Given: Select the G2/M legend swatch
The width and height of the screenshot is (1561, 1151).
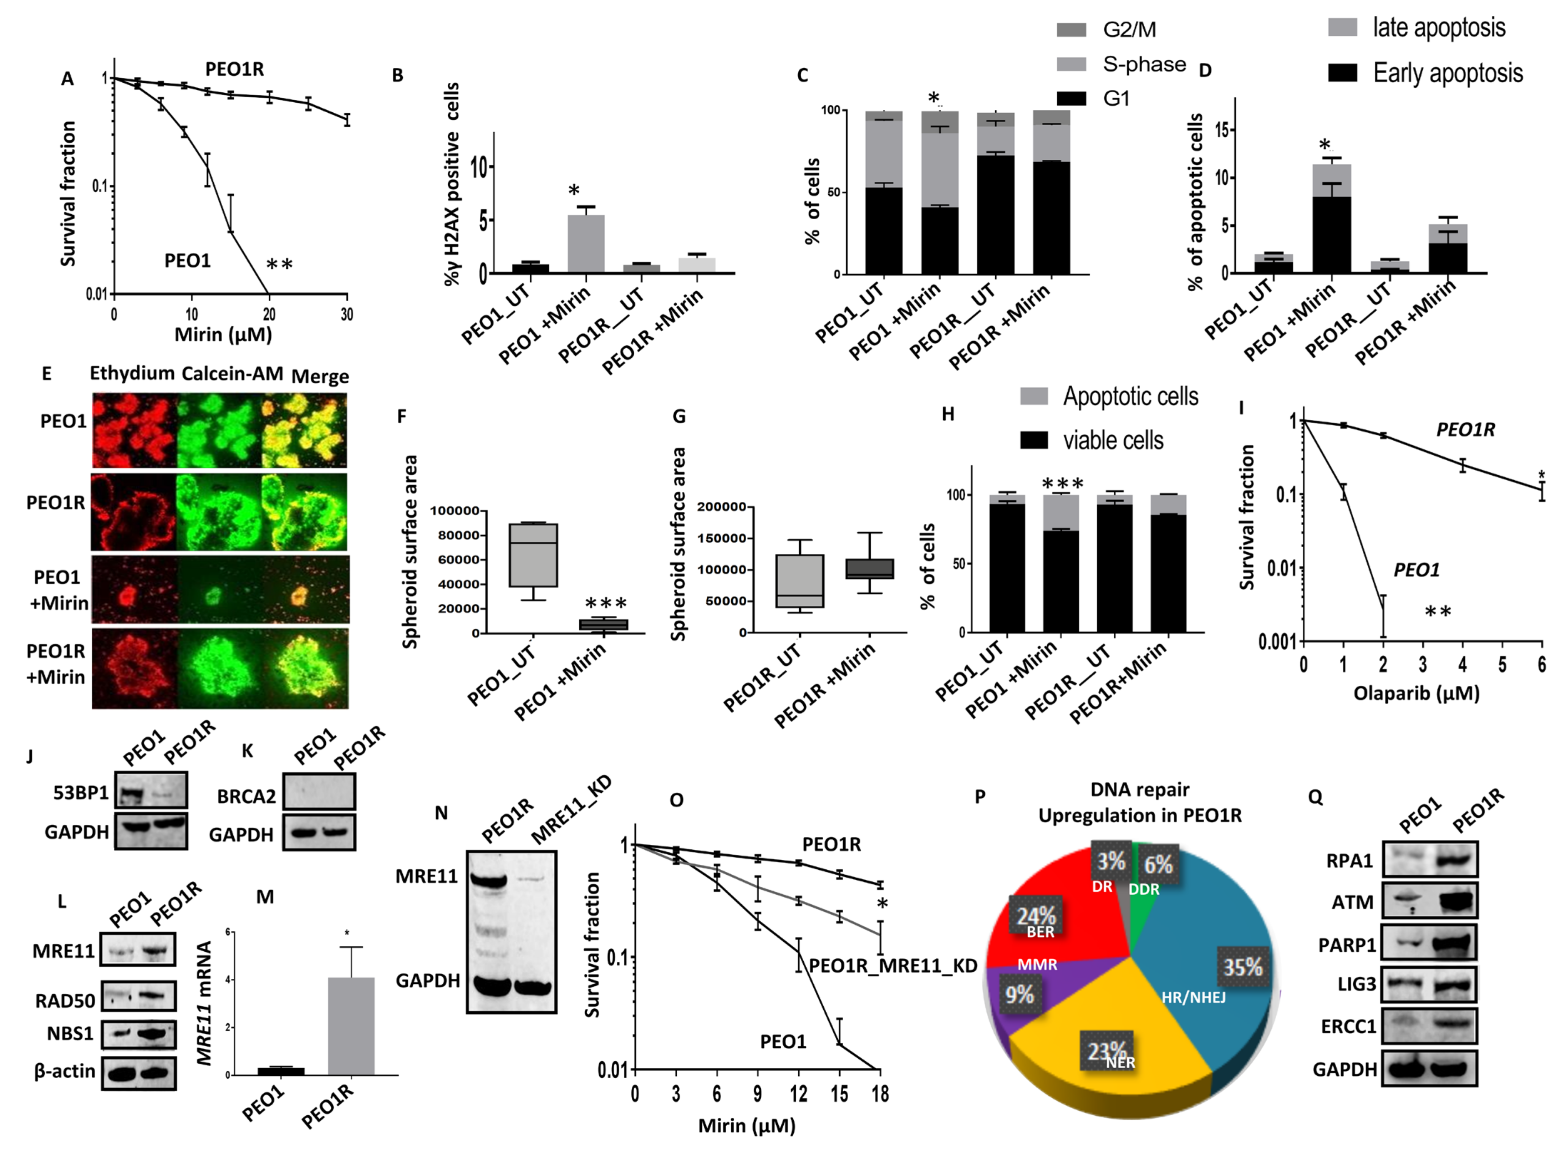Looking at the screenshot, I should [x=1071, y=29].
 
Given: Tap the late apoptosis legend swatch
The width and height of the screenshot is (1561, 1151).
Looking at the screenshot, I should [x=1342, y=27].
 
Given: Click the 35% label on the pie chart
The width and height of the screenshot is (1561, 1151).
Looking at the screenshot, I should [x=1242, y=967].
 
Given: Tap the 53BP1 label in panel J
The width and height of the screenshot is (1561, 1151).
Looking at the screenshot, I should [x=81, y=793].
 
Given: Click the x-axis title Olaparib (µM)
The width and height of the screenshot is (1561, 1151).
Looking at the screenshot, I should [x=1416, y=693].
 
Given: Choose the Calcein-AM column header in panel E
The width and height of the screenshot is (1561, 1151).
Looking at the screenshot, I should [x=232, y=374].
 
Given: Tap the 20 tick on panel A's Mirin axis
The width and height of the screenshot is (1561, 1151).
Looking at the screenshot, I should [x=269, y=314].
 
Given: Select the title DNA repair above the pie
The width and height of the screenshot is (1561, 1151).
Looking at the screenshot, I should [x=1139, y=789].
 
